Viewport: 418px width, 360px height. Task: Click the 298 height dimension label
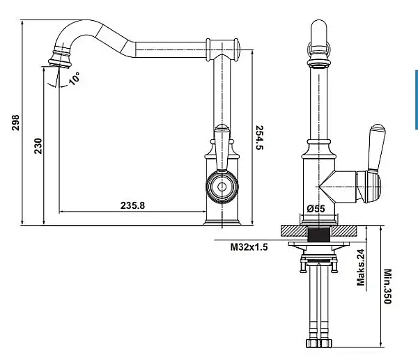(x=15, y=123)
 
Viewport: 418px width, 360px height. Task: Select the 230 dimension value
(x=38, y=146)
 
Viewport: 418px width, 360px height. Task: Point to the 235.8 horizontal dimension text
(x=132, y=205)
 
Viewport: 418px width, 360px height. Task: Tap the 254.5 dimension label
(x=259, y=137)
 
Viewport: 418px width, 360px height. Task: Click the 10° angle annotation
(x=74, y=79)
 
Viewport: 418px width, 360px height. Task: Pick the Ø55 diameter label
(x=316, y=208)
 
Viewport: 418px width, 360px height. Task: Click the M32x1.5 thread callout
(x=249, y=247)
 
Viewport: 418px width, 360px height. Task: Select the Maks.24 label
(x=360, y=267)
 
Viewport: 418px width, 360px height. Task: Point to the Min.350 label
(x=387, y=286)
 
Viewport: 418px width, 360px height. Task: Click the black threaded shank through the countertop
(x=318, y=234)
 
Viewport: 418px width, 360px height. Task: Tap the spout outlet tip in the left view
(x=60, y=63)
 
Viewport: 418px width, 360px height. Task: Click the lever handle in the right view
(x=376, y=148)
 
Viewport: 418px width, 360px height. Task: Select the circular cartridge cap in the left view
(x=222, y=187)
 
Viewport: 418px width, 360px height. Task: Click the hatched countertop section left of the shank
(x=294, y=230)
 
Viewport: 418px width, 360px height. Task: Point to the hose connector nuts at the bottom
(x=319, y=343)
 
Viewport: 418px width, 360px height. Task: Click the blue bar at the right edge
(x=417, y=100)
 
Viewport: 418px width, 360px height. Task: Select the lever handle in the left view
(x=222, y=148)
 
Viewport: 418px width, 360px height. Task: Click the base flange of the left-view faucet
(x=222, y=223)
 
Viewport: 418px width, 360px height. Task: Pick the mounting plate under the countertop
(x=319, y=244)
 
